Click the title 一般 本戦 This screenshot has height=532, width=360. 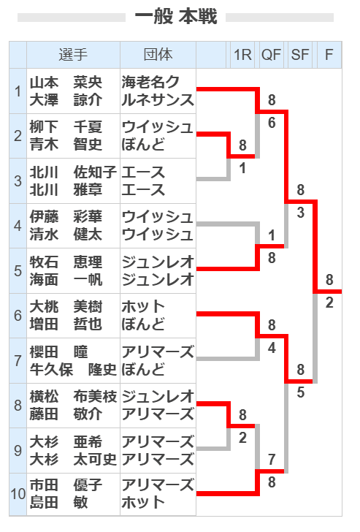(176, 16)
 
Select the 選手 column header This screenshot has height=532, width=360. (73, 55)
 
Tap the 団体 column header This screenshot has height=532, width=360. (158, 55)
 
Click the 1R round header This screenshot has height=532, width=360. (242, 55)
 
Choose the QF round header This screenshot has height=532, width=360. (271, 55)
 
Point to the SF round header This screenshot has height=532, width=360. (300, 55)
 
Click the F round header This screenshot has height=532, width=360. (329, 55)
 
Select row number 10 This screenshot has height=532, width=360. (18, 494)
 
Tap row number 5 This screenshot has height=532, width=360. (18, 270)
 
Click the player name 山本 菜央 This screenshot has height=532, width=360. (66, 82)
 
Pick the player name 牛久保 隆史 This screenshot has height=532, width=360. (73, 369)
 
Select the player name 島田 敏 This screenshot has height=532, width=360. (58, 502)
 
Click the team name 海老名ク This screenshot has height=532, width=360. (150, 82)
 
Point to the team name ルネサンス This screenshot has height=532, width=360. (158, 99)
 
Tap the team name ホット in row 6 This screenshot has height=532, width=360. (143, 307)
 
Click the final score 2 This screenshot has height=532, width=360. (329, 303)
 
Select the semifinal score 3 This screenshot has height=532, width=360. (300, 213)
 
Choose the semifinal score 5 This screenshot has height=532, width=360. (300, 392)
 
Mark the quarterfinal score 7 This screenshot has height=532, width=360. (272, 460)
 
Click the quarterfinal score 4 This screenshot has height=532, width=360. (272, 347)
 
